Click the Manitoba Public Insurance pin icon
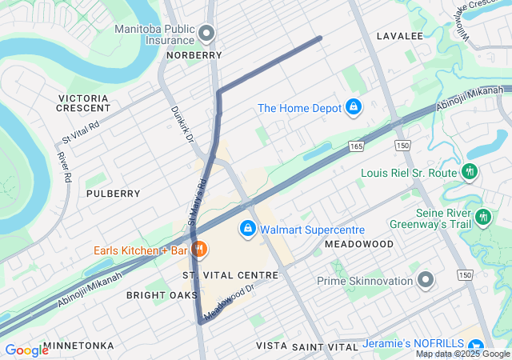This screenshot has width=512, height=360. point(207,33)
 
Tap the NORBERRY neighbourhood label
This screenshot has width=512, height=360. point(194,55)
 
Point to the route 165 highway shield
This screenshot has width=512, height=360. point(356,146)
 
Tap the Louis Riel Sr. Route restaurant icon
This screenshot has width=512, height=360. point(470,172)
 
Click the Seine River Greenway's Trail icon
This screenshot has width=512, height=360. point(482,217)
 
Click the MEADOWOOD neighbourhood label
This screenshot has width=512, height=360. point(359,243)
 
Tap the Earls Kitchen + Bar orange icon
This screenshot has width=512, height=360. point(200,250)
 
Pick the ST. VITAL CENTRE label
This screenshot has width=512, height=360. point(230,275)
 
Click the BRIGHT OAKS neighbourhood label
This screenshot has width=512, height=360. point(162,295)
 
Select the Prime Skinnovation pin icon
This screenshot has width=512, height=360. point(426,281)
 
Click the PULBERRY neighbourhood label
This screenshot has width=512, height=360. point(113,194)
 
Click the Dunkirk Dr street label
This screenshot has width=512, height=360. point(182,125)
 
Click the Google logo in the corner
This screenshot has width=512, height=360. point(26,350)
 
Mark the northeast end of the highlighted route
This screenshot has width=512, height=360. point(320,38)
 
